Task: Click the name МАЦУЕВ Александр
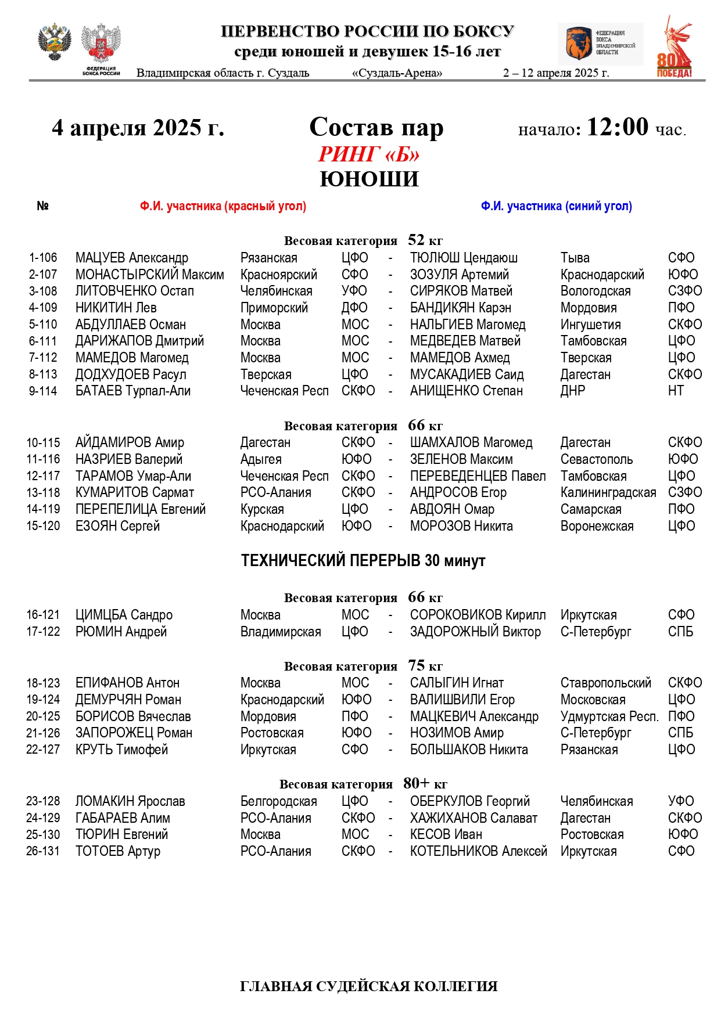(x=132, y=258)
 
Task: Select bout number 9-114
(x=43, y=391)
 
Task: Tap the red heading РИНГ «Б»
(x=369, y=154)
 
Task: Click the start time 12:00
(x=617, y=127)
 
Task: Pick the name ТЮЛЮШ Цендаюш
(x=464, y=258)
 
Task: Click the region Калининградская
(x=608, y=493)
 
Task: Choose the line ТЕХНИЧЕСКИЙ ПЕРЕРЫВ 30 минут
(x=363, y=561)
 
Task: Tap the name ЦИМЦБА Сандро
(x=124, y=615)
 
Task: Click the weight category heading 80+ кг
(x=363, y=784)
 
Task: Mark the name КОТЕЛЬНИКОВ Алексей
(x=478, y=851)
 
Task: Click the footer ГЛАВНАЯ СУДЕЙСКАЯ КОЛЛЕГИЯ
(x=368, y=986)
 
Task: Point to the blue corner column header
(x=556, y=206)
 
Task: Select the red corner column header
(x=223, y=206)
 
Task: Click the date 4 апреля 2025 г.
(x=138, y=128)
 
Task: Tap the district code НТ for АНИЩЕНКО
(x=676, y=391)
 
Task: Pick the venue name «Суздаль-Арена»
(x=397, y=73)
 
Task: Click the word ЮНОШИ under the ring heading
(x=369, y=179)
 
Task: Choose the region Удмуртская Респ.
(x=609, y=716)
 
